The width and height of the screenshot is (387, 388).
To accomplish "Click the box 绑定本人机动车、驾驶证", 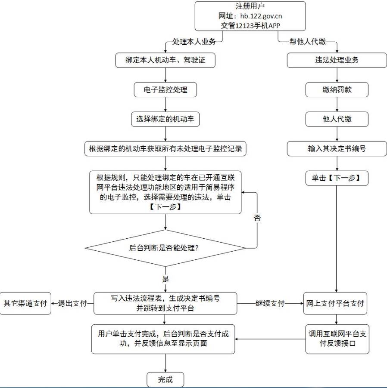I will tap(165, 61).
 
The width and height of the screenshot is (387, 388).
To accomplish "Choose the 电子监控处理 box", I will tap(165, 90).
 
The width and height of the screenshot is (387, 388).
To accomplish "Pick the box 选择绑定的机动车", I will tap(165, 119).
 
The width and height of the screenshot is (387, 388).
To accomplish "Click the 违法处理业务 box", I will tap(337, 60).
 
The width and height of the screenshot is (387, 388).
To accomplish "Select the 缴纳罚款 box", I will tap(337, 90).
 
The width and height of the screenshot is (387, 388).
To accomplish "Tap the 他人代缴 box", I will tap(337, 119).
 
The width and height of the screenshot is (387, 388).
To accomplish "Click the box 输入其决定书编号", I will tap(337, 149).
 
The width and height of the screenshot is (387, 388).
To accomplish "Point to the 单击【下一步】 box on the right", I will tap(337, 178).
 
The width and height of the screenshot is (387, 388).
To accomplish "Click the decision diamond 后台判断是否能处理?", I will tap(165, 248).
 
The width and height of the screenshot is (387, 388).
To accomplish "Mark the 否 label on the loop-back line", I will tap(257, 218).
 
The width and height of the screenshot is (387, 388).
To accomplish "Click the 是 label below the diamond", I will tap(166, 279).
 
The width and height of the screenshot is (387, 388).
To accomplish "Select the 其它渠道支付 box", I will tap(25, 303).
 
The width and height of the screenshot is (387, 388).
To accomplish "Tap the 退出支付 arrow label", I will tap(72, 303).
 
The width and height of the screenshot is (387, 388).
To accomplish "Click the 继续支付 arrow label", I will tap(270, 303).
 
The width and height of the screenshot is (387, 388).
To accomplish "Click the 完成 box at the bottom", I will tap(165, 379).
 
